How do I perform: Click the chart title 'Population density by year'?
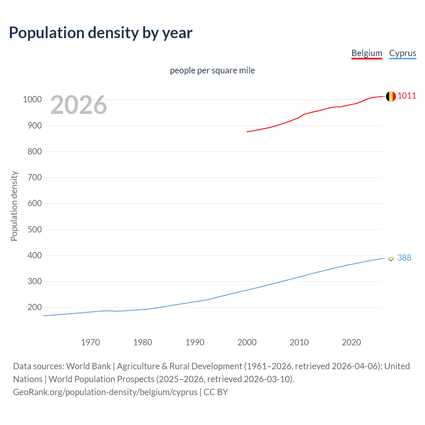tap(101, 33)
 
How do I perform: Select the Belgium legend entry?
tap(367, 53)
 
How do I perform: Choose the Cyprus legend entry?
tap(402, 53)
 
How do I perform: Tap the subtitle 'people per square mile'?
tap(212, 70)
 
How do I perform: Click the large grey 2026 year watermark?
tap(79, 105)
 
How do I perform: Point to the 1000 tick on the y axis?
tap(32, 100)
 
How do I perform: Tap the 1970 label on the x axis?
tap(90, 342)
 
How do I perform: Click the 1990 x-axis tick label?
tap(195, 342)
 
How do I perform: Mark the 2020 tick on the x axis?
tap(351, 342)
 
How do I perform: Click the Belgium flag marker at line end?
tap(390, 96)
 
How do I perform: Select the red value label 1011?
tap(407, 96)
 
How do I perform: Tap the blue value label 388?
tap(404, 258)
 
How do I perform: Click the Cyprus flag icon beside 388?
tap(391, 258)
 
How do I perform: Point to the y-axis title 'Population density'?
tap(14, 206)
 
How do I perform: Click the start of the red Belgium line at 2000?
tap(247, 132)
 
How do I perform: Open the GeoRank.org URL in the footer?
tap(105, 392)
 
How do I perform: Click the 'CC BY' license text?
tap(216, 392)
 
